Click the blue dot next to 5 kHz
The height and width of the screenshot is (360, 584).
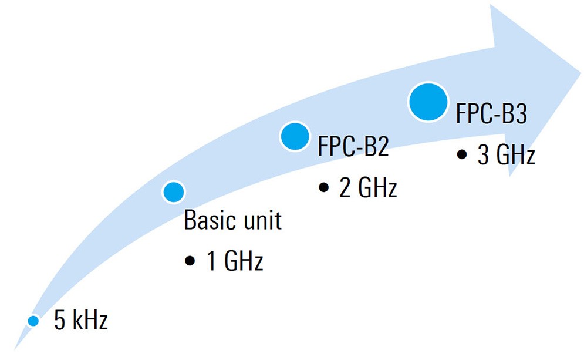tap(33, 321)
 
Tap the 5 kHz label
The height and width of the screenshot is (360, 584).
tap(81, 321)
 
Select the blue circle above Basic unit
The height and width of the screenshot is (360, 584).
tap(174, 192)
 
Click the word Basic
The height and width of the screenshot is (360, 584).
tap(211, 220)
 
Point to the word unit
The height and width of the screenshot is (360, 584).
tap(263, 220)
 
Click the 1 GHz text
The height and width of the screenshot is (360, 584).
tap(235, 261)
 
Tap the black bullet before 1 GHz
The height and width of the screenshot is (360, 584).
tap(190, 261)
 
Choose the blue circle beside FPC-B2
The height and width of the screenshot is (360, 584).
tap(295, 136)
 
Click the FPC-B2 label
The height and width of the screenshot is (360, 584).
tap(353, 146)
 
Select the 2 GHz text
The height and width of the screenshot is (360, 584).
tap(368, 187)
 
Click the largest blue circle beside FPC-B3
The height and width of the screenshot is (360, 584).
tap(428, 102)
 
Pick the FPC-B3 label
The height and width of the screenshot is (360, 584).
tap(491, 113)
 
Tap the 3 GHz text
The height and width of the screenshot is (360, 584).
tap(507, 154)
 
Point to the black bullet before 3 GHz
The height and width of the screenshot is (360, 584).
tap(462, 154)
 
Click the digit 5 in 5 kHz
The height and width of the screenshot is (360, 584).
tap(59, 321)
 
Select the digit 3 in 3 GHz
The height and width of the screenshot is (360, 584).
tap(484, 154)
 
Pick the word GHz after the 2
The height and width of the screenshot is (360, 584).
tap(377, 187)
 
